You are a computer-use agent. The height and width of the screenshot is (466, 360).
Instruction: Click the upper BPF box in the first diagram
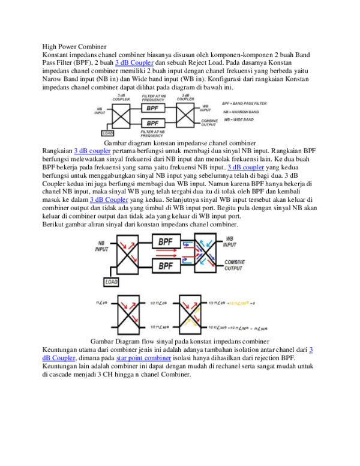[152, 108]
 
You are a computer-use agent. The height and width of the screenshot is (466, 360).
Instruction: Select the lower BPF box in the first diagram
[152, 123]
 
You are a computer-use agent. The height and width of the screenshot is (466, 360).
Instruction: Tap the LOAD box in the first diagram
[108, 133]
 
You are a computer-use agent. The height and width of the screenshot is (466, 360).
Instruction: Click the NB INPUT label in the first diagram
[99, 111]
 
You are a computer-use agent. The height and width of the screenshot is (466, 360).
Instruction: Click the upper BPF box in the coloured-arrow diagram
[169, 241]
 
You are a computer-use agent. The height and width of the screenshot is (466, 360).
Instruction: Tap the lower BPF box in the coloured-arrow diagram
[169, 265]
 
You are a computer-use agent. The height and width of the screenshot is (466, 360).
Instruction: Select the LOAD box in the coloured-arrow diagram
[112, 282]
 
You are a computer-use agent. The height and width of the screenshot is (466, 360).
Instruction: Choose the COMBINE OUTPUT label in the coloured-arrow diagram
[233, 265]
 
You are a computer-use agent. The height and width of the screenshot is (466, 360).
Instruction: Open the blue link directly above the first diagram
[134, 62]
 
